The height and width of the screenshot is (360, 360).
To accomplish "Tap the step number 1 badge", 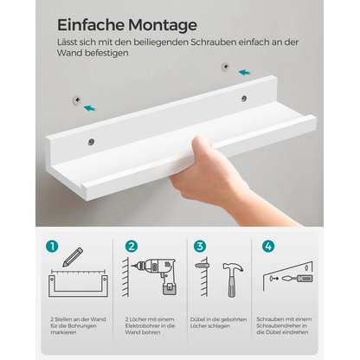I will [54, 247].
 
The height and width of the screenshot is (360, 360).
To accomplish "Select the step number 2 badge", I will [132, 247].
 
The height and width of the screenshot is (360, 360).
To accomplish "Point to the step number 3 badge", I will [201, 247].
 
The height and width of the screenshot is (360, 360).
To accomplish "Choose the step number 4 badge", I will [269, 247].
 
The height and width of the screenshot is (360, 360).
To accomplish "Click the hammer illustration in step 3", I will [234, 279].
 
